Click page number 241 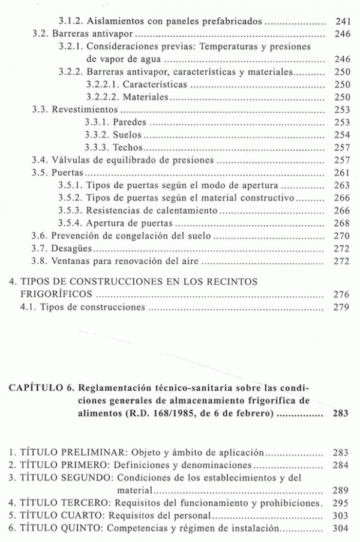[341, 20]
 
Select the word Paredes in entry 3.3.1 [130, 122]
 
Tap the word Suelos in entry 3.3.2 [128, 135]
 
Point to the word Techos [128, 147]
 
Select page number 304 [341, 529]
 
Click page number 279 [341, 308]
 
